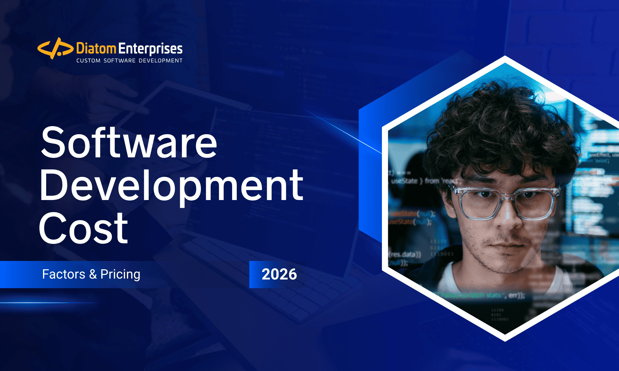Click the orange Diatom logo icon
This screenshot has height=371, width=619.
tap(55, 48)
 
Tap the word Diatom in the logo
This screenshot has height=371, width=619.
tap(96, 49)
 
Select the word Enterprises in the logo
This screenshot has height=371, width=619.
tap(150, 49)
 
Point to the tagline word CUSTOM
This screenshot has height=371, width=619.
tap(88, 61)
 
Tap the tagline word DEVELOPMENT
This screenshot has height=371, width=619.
tap(161, 61)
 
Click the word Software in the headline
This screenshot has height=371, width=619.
tap(129, 143)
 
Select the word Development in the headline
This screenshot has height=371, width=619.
tap(171, 186)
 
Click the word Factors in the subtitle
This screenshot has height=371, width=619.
tap(63, 274)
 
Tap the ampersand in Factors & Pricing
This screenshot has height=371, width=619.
tap(93, 275)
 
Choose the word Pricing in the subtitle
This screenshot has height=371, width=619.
tap(120, 275)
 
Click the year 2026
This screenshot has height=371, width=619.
tap(279, 275)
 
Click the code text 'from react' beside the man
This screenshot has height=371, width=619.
tap(443, 181)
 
